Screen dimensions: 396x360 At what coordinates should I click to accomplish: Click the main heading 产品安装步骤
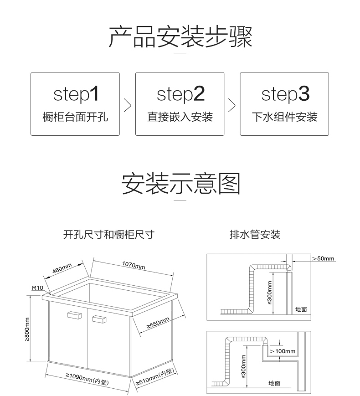click(x=180, y=37)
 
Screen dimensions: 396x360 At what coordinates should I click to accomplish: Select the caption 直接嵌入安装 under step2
click(x=180, y=117)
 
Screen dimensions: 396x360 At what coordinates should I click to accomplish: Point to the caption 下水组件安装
click(x=284, y=117)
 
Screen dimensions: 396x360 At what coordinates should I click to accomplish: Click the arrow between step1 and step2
click(x=128, y=104)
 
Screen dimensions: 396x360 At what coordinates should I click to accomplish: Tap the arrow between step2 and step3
click(x=232, y=104)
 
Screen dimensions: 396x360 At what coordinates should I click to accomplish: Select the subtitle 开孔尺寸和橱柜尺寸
click(x=109, y=235)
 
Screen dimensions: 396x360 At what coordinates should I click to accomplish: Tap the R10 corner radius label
click(x=37, y=288)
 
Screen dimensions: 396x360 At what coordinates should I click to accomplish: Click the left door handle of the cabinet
click(x=73, y=315)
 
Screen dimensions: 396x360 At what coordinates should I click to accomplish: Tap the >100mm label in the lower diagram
click(x=282, y=351)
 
